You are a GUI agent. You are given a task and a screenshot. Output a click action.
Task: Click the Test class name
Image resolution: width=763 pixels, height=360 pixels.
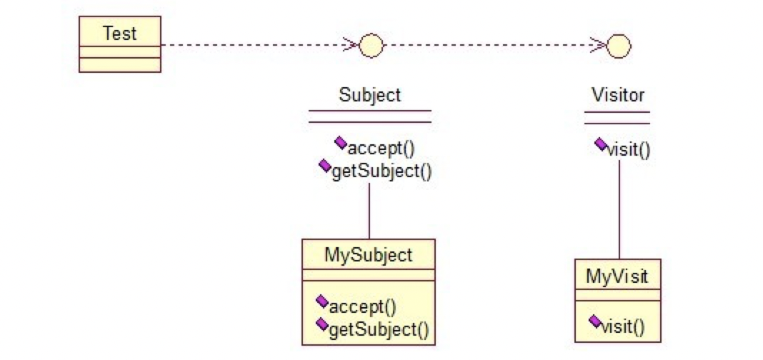(120, 34)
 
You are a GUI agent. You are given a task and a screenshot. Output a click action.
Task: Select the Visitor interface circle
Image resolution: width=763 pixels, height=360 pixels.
(619, 46)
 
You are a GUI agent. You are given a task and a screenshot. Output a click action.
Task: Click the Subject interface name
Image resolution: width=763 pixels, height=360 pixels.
(370, 95)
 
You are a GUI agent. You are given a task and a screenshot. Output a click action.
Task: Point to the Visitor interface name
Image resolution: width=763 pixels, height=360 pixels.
(617, 95)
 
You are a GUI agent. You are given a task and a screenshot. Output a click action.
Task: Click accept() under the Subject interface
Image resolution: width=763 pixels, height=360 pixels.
(381, 149)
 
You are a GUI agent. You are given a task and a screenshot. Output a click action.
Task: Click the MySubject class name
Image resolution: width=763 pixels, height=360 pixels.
(369, 254)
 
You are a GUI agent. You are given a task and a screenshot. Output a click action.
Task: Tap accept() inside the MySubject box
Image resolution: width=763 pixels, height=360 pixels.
(363, 307)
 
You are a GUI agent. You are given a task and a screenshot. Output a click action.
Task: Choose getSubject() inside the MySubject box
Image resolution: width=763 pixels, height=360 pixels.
(379, 329)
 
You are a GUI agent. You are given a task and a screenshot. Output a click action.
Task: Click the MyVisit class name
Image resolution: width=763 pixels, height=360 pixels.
(617, 276)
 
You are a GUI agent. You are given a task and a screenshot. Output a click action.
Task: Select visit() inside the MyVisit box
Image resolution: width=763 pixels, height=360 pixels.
(623, 326)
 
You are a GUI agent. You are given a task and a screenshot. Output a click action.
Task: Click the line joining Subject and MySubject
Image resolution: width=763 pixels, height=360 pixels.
(369, 211)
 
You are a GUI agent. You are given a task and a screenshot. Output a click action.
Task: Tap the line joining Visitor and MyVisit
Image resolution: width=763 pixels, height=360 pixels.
(619, 210)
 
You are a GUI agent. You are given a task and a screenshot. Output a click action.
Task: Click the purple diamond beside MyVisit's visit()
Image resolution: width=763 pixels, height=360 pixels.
(594, 321)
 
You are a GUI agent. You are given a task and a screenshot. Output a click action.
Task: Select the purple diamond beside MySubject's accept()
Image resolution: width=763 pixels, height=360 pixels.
(321, 301)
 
